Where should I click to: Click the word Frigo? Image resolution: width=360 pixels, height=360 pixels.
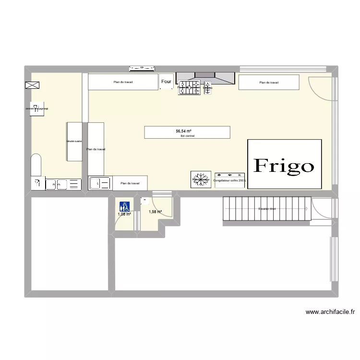click(x=284, y=166)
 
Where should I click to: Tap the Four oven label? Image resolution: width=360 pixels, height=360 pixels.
click(x=166, y=82)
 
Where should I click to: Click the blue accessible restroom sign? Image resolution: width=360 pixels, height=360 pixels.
click(x=125, y=207)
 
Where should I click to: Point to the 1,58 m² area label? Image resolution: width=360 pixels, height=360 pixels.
click(x=155, y=212)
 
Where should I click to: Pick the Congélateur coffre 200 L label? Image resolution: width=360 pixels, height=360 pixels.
click(x=229, y=180)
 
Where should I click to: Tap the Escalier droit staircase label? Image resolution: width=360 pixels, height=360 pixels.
click(x=266, y=209)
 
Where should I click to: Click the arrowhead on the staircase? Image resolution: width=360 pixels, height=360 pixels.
click(x=306, y=209)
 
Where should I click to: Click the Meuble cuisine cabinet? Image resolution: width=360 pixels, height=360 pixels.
click(x=74, y=141)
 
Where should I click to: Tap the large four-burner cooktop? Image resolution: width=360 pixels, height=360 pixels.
click(x=189, y=87)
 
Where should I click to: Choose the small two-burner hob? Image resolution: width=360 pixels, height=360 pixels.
click(x=208, y=88)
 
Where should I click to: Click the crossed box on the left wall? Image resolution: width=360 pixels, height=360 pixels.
click(x=33, y=85)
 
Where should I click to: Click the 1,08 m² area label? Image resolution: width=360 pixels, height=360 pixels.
click(x=124, y=214)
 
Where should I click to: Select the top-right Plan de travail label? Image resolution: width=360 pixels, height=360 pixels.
click(x=269, y=83)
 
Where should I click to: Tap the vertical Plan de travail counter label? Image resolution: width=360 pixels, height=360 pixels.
click(x=96, y=149)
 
